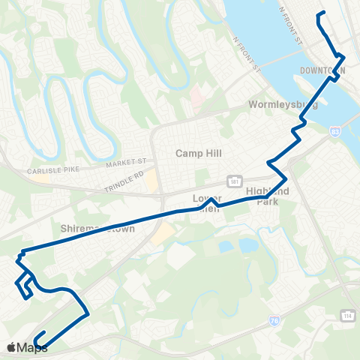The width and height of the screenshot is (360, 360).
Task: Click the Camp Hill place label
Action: pyautogui.click(x=196, y=153)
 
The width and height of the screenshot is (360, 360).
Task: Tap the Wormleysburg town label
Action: pyautogui.click(x=285, y=105)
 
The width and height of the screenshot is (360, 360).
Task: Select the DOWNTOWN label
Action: pyautogui.click(x=322, y=70)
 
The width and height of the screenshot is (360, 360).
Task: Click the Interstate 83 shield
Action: pyautogui.click(x=334, y=130)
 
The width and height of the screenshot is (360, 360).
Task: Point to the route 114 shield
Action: pyautogui.click(x=346, y=314)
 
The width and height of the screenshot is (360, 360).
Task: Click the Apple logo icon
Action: pyautogui.click(x=11, y=347)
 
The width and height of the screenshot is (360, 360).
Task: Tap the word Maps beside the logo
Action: pyautogui.click(x=33, y=347)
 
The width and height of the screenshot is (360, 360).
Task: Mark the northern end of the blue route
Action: pyautogui.click(x=322, y=13)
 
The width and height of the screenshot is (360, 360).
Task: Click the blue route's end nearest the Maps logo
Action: pyautogui.click(x=45, y=332)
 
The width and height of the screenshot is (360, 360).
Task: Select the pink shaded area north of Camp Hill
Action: pyautogui.click(x=197, y=96)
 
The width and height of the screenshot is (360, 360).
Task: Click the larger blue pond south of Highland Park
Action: pyautogui.click(x=248, y=245)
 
